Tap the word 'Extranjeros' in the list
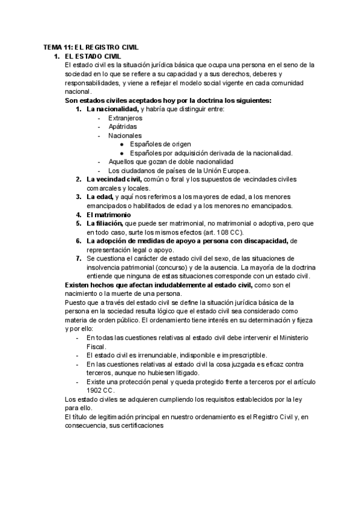pyautogui.click(x=125, y=118)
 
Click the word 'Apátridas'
pyautogui.click(x=122, y=127)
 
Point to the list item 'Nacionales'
pyautogui.click(x=125, y=136)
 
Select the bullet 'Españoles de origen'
pyautogui.click(x=160, y=144)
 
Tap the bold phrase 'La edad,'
pyautogui.click(x=100, y=197)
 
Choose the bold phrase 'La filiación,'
pyautogui.click(x=105, y=223)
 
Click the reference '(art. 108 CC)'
pyautogui.click(x=226, y=232)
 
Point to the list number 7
pyautogui.click(x=78, y=258)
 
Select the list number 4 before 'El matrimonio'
pyautogui.click(x=78, y=214)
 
